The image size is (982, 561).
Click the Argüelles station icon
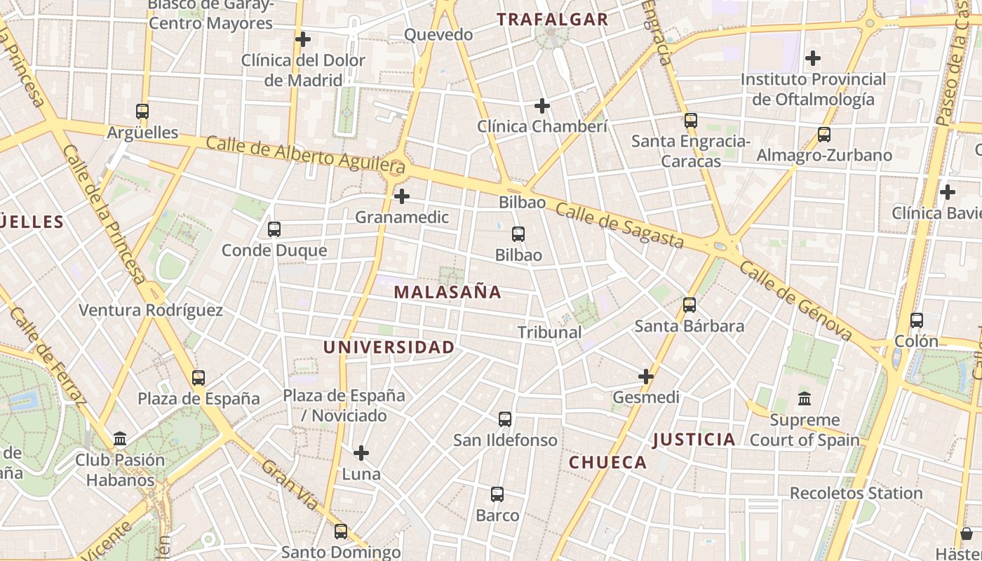coord(142,111)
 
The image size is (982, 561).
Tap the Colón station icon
coord(916,320)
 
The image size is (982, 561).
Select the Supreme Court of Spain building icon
coord(805,399)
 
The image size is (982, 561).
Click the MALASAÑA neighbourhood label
coord(448,292)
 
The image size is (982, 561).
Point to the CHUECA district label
coord(607,462)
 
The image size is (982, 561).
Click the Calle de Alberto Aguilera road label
coord(305,154)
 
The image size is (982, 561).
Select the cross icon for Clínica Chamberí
coord(542,106)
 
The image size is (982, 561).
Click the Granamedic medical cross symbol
coord(402,196)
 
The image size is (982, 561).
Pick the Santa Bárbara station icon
coord(690,305)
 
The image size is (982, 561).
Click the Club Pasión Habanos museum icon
coord(120,439)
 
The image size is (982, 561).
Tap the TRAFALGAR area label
coord(553,20)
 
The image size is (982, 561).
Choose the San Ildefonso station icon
coord(505,419)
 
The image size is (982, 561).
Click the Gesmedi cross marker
coord(646,377)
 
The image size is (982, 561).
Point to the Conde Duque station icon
coord(274,229)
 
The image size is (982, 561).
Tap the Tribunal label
coord(549,332)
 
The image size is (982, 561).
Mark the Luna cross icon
coord(361,453)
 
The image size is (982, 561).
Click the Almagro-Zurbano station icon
coord(824,134)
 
